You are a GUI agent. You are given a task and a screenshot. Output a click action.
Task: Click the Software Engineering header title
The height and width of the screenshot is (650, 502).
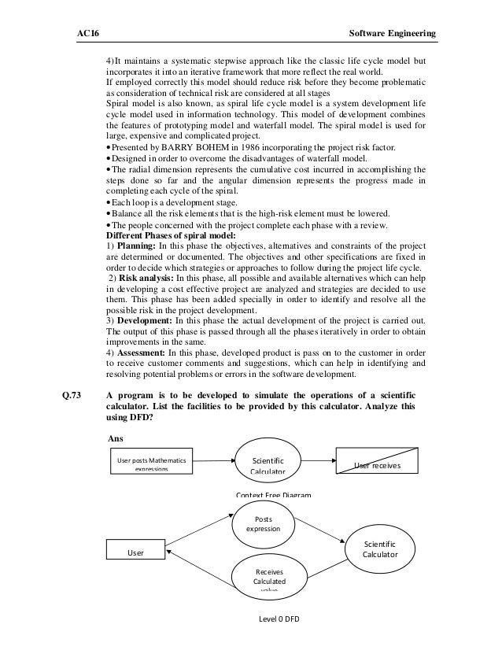click(x=391, y=33)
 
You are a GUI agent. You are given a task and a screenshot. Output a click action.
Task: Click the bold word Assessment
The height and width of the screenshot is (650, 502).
click(x=145, y=353)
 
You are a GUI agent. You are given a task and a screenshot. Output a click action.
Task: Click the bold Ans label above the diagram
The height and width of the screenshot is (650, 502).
click(x=115, y=437)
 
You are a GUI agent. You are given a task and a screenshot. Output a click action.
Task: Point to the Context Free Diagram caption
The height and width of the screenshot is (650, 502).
click(x=273, y=494)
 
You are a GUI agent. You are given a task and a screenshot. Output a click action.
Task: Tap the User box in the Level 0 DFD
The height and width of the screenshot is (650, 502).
click(x=138, y=552)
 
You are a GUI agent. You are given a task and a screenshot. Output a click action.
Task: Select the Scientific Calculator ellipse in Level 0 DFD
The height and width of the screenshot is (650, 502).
click(x=380, y=548)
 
